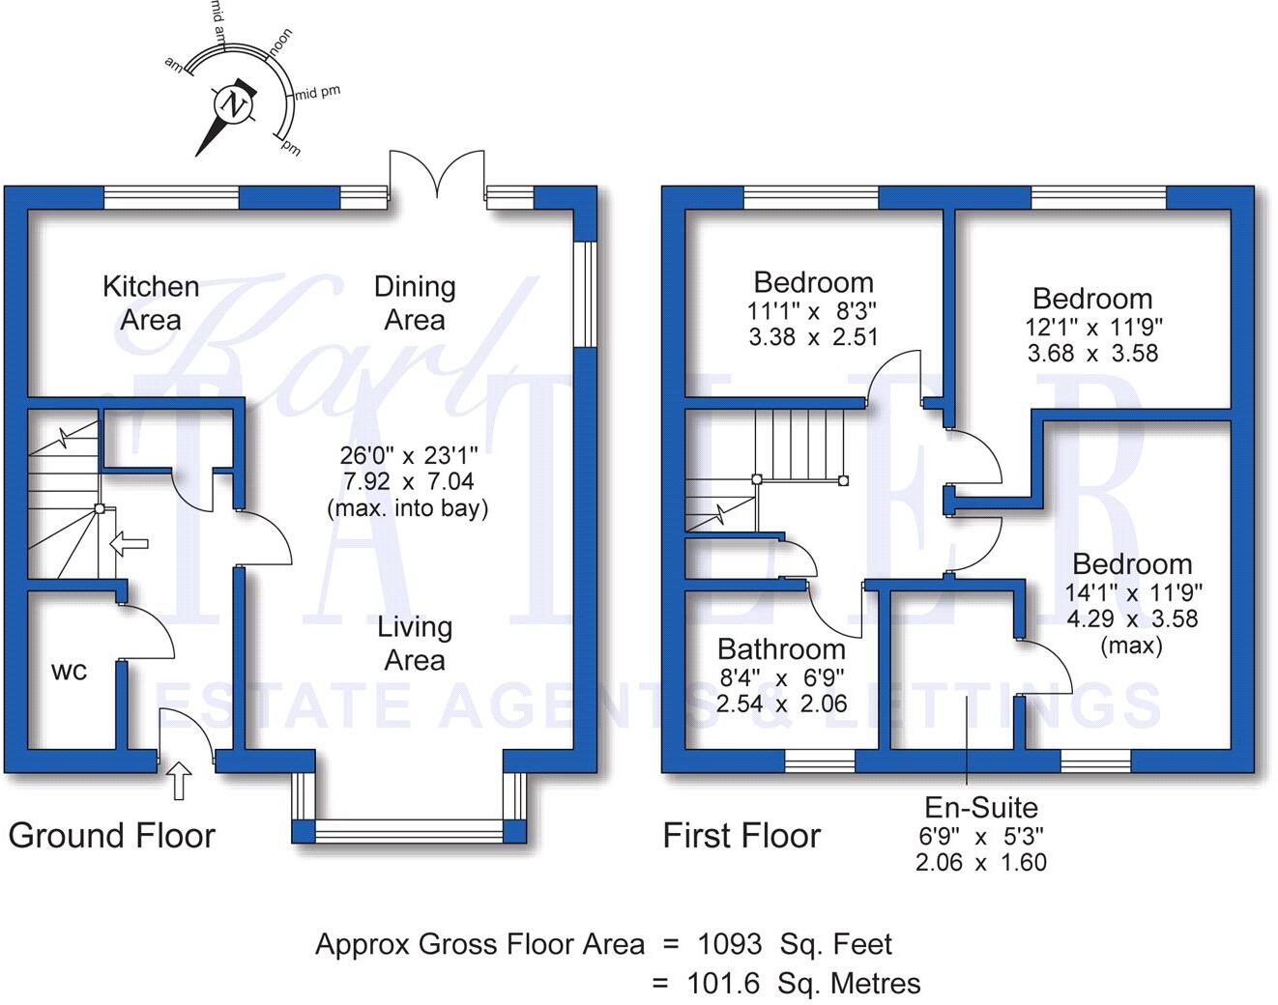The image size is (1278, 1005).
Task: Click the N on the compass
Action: pos(232,104)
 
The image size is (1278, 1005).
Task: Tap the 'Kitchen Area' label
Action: pos(151,302)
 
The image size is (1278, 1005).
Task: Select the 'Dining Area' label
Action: pos(415,302)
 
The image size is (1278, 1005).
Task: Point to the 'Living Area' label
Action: pos(415,644)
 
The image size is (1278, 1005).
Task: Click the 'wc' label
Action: pos(69,671)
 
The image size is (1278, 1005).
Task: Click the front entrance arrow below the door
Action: pos(180,779)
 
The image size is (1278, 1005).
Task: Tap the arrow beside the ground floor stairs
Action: pos(129,543)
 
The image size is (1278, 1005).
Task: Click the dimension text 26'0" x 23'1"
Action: pos(408,455)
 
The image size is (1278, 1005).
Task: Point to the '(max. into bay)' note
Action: pos(408,507)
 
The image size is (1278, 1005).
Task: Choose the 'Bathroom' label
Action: pos(781,648)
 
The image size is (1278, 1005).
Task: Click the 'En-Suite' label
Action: pos(981,807)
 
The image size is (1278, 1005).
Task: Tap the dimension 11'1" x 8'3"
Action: pos(813,311)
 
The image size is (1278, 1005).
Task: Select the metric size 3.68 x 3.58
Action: pos(1092,354)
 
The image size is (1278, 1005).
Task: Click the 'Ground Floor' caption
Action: pos(112,836)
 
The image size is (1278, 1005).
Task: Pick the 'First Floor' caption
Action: pos(741,836)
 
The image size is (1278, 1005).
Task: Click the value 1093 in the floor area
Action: pos(729,944)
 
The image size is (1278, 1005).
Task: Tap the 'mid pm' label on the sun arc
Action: pos(318,94)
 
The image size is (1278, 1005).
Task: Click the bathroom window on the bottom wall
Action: pos(819,761)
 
